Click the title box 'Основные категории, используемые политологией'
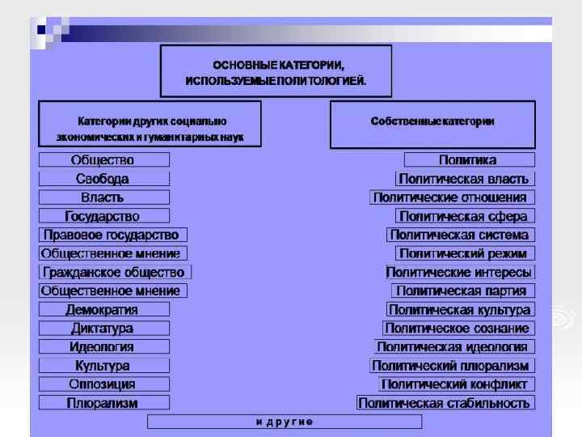point(276,71)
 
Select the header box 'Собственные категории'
point(432,124)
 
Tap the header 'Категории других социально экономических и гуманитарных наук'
point(150,124)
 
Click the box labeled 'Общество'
point(104,160)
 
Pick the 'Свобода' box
point(104,179)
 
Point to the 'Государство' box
point(104,216)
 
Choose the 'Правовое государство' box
point(112,235)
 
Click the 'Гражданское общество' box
point(115,272)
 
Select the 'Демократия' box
point(104,309)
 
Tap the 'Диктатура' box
point(104,328)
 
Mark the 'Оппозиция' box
point(104,384)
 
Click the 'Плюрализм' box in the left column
point(104,402)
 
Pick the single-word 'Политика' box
point(469,160)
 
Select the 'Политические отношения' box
point(452,197)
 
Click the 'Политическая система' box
point(460,235)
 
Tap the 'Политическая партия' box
point(463,291)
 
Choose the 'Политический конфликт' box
point(456,384)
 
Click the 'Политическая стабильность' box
point(445,402)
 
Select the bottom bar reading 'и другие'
point(285,421)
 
